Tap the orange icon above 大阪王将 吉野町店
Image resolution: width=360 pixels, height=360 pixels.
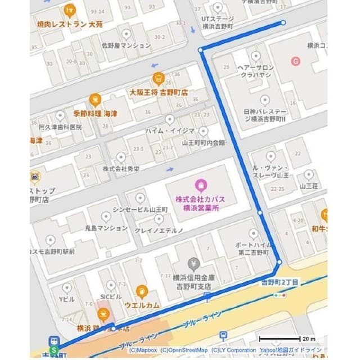(157, 78)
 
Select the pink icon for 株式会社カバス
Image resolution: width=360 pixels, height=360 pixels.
(199, 184)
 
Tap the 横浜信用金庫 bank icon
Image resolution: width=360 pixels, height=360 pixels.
(194, 263)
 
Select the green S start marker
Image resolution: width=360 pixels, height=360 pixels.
(55, 350)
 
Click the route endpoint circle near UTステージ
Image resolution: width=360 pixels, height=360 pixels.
(283, 23)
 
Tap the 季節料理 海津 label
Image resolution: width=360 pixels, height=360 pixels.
(95, 114)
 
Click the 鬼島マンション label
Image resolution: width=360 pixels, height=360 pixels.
(106, 228)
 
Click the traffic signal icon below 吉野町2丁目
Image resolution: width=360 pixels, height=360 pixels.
(278, 295)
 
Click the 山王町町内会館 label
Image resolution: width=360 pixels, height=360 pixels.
(203, 143)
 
